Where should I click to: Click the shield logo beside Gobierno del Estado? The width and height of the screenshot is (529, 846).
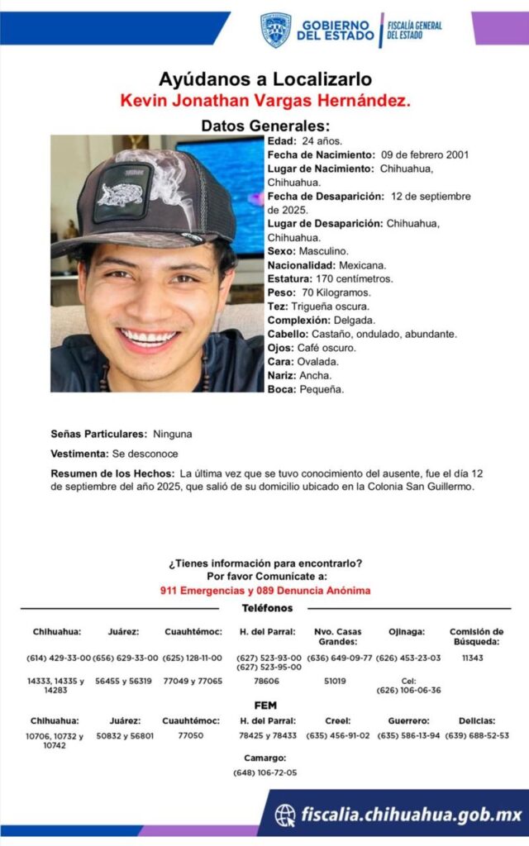click(275, 30)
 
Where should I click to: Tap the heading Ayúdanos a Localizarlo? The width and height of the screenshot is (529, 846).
click(265, 80)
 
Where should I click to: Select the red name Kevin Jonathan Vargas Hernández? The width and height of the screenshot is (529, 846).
click(265, 101)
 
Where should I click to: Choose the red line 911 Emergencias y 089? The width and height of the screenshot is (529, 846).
click(265, 591)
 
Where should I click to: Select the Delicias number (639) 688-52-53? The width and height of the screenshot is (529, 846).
click(477, 735)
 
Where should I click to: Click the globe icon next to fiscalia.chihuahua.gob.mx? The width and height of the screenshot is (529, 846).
click(285, 815)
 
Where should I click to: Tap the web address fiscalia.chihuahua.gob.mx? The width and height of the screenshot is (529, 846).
click(411, 815)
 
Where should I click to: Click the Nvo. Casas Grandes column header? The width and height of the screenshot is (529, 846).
click(337, 636)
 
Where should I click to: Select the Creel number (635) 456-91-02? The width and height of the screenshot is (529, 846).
click(338, 735)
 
